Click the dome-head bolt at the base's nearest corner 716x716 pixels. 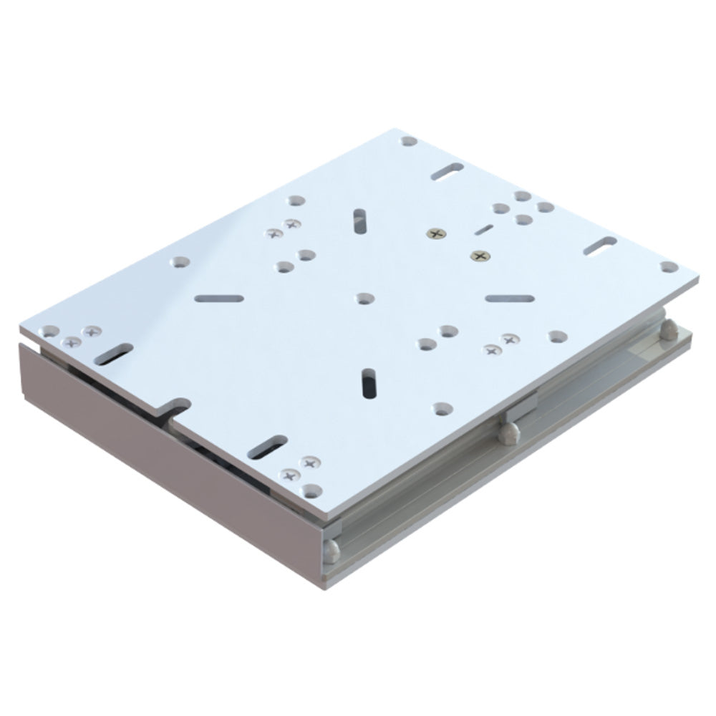point(331,549)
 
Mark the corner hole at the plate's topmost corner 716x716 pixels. point(409,141)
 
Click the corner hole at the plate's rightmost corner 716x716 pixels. point(669,267)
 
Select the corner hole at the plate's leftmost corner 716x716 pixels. point(49,331)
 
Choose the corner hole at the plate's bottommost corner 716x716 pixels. point(310,490)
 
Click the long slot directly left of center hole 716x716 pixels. point(218,298)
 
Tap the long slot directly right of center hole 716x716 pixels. point(508,298)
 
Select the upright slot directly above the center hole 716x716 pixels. point(359,221)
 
